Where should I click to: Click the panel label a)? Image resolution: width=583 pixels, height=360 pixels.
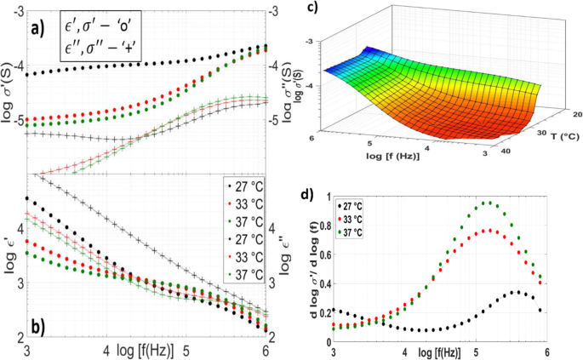pos(38,25)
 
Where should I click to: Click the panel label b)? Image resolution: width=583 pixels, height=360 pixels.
pos(39,326)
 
